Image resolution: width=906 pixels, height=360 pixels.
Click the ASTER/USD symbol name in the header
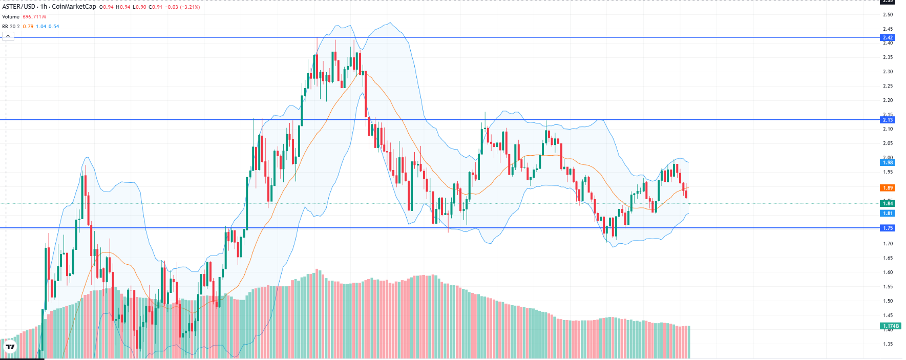19,7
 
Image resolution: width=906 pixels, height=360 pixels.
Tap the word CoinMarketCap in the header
74,7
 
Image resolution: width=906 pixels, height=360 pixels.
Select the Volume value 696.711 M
34,17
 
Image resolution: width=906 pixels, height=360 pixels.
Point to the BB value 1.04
41,27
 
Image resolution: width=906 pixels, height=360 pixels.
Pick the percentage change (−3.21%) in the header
189,7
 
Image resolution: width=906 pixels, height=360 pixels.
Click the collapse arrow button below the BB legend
8,36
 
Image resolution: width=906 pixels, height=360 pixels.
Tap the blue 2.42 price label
887,37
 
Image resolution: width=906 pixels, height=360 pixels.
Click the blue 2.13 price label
887,120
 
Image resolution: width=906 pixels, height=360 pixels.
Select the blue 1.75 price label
887,228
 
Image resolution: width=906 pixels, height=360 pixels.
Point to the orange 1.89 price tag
887,188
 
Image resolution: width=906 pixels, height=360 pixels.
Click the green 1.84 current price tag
887,203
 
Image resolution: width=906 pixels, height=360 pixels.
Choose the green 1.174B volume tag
890,326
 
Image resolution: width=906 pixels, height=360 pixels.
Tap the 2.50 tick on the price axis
888,14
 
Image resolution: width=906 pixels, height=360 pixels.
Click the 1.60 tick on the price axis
888,272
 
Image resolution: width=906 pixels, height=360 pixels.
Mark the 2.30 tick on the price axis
888,72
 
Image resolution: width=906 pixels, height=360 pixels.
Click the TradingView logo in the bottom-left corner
10,347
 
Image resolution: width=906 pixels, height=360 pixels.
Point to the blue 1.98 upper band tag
887,162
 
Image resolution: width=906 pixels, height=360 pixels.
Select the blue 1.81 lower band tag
887,213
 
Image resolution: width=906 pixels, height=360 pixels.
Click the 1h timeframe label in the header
44,7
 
